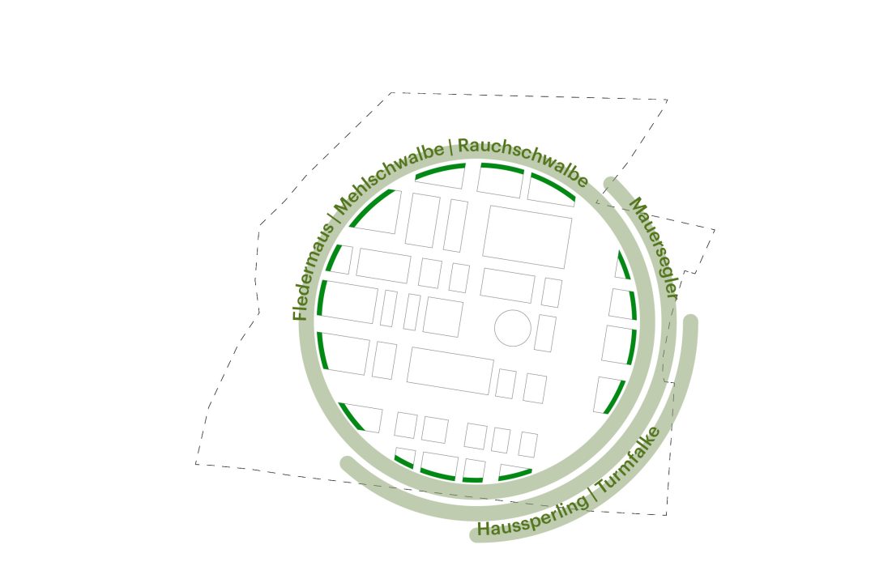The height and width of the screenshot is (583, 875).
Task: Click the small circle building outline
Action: [513, 329]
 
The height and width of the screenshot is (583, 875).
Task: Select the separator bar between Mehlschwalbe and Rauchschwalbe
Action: [450, 147]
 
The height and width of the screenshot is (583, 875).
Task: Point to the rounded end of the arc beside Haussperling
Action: [477, 535]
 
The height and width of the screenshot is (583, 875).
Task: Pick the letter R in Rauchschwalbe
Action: [463, 147]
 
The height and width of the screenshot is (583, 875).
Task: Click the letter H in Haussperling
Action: [484, 530]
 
